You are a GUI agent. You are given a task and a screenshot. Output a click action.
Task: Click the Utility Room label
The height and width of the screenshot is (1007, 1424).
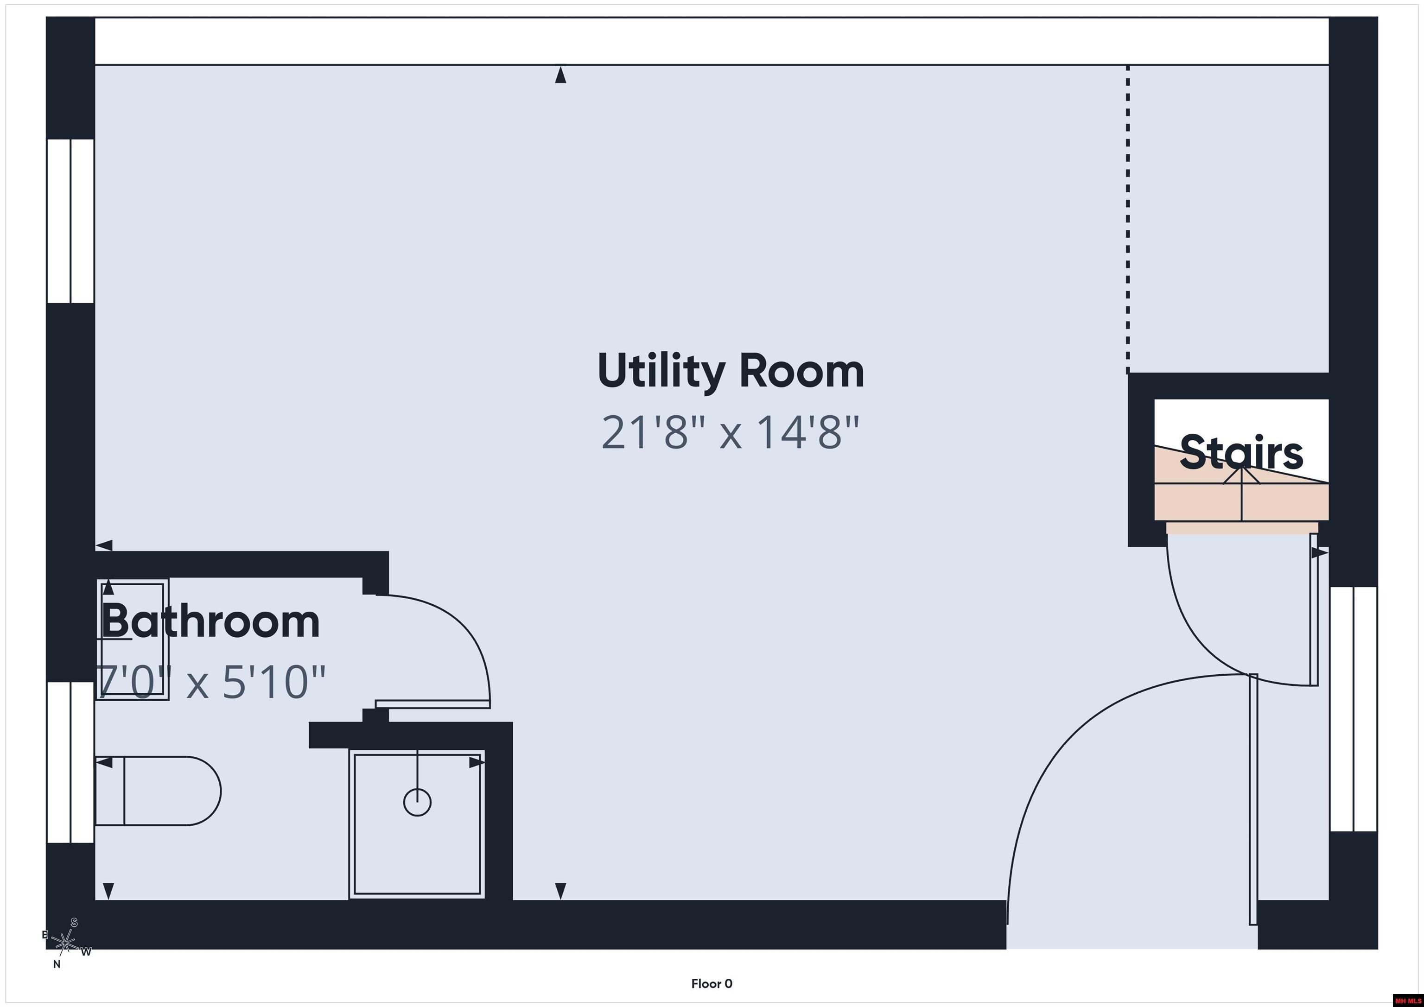pos(731,371)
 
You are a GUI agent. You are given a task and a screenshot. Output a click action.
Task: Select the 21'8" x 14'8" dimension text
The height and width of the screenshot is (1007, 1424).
pos(731,432)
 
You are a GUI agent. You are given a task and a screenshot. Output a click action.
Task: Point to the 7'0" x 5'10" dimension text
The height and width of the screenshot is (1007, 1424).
pos(210,682)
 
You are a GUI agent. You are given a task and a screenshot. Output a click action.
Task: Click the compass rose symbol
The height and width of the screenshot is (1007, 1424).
pos(65,943)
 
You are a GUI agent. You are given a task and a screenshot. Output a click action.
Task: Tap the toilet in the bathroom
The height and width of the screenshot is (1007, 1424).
pos(158,791)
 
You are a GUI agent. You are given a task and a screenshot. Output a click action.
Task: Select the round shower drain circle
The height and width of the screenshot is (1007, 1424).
pos(417,802)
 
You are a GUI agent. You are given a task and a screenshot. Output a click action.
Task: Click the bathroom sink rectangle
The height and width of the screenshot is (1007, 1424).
pos(132,640)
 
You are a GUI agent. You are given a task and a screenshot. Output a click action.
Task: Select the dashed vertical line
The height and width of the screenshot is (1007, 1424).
pos(1127,220)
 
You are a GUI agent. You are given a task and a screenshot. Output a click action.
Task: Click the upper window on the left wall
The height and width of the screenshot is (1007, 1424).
pos(71,222)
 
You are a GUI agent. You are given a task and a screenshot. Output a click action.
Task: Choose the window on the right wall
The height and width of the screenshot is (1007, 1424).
pos(1353,709)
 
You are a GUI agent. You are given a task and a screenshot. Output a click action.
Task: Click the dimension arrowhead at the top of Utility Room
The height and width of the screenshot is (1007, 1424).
pos(561,75)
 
